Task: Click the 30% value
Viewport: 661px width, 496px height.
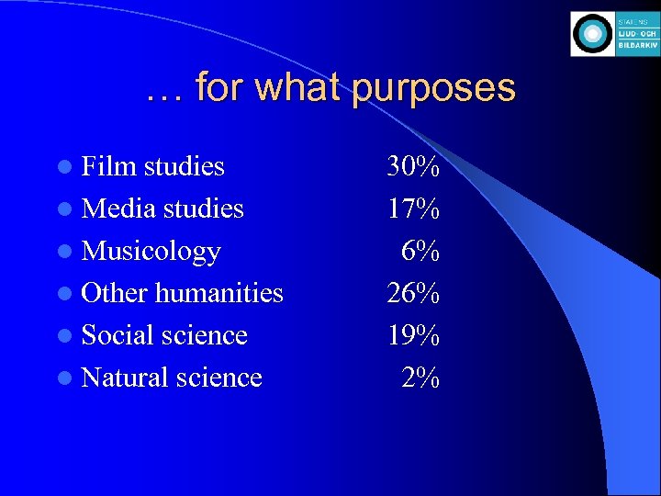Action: (413, 166)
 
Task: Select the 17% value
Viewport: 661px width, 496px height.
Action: (413, 209)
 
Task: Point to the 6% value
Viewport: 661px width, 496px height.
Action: (420, 251)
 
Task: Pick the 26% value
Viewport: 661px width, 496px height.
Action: (413, 293)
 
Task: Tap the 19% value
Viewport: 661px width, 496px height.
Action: (413, 335)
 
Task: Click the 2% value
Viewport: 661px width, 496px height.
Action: (420, 378)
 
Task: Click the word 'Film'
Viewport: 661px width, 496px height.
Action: (109, 166)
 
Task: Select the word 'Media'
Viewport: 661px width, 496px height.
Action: (118, 209)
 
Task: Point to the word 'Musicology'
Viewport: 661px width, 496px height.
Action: (151, 251)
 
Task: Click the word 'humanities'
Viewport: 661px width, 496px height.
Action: (218, 293)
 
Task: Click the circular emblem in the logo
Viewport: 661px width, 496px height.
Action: (592, 35)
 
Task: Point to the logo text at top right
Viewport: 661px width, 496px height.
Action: (637, 35)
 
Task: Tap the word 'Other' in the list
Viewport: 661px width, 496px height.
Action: (115, 293)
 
